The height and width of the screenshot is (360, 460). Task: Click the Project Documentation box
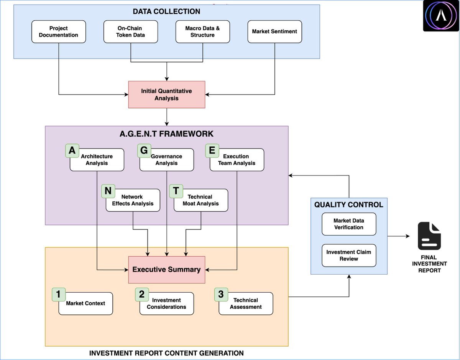[59, 32]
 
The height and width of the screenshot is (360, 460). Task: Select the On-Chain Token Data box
[131, 32]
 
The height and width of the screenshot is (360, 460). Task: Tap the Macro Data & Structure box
[202, 32]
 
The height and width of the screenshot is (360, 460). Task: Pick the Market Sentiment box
[274, 32]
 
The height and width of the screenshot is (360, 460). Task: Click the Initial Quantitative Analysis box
[167, 95]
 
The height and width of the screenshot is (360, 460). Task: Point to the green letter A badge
[72, 151]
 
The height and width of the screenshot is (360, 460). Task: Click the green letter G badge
[144, 151]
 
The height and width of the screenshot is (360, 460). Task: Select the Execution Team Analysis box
[237, 160]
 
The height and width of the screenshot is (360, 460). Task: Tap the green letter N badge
[108, 191]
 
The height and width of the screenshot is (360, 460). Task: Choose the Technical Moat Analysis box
[201, 200]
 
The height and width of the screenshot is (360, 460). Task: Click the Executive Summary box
[167, 270]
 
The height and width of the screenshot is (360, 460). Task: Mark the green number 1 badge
[59, 295]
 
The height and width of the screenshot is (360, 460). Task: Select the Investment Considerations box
[167, 304]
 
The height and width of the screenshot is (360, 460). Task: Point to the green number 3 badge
[221, 295]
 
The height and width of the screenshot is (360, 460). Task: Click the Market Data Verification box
[349, 224]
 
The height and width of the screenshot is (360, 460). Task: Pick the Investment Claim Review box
[349, 255]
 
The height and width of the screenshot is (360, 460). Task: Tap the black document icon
[429, 236]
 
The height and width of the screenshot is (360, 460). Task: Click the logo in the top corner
[441, 16]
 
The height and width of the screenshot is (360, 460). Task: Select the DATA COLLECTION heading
[166, 11]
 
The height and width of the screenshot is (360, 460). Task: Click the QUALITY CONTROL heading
[348, 205]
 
